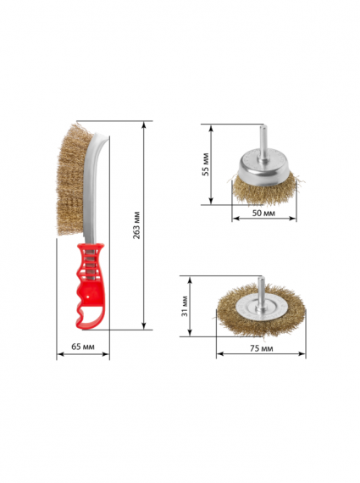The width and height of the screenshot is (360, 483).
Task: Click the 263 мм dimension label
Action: pyautogui.click(x=136, y=225)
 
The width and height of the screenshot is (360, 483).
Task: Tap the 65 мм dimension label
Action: pyautogui.click(x=83, y=347)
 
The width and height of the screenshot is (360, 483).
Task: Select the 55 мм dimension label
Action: pyautogui.click(x=205, y=164)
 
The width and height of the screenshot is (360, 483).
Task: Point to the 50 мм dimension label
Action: pyautogui.click(x=263, y=213)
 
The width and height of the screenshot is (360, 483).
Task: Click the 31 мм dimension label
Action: pyautogui.click(x=184, y=306)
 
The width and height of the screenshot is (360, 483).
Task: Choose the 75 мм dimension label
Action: pyautogui.click(x=261, y=348)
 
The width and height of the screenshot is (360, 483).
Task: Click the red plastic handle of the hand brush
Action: pyautogui.click(x=91, y=286)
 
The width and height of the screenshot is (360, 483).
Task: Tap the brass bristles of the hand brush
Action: pyautogui.click(x=73, y=180)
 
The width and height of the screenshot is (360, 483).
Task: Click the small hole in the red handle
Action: pyautogui.click(x=88, y=297)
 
